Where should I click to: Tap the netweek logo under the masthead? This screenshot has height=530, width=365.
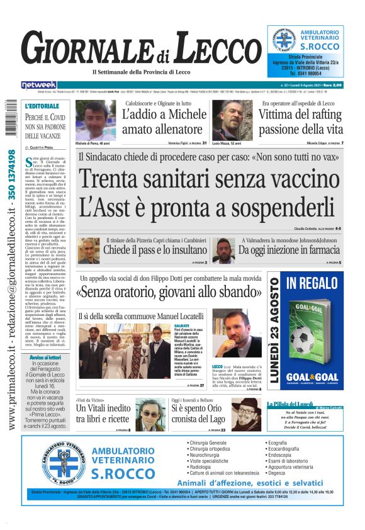(39, 85)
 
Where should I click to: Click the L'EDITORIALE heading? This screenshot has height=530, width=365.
(42, 106)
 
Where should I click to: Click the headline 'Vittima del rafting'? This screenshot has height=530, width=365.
(301, 115)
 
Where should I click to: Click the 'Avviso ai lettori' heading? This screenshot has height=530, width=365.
(45, 357)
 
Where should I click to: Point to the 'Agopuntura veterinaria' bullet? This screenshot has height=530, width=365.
(298, 466)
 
